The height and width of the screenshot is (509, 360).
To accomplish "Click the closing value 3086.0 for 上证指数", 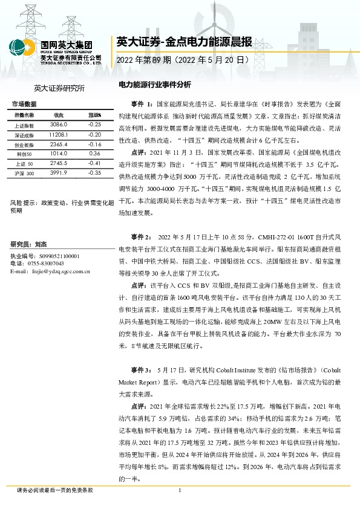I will click(59, 123).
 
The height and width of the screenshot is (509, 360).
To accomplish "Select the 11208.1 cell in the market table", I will click(59, 134).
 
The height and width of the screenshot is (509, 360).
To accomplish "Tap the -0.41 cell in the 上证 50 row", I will click(94, 163).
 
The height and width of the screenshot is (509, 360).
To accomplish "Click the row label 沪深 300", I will click(25, 173).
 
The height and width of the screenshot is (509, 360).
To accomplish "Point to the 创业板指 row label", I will click(25, 144).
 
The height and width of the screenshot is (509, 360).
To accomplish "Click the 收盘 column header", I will click(59, 114).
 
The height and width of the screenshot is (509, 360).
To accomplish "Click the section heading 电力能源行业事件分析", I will click(154, 85).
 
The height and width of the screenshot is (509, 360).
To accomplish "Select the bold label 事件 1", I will click(140, 104).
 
